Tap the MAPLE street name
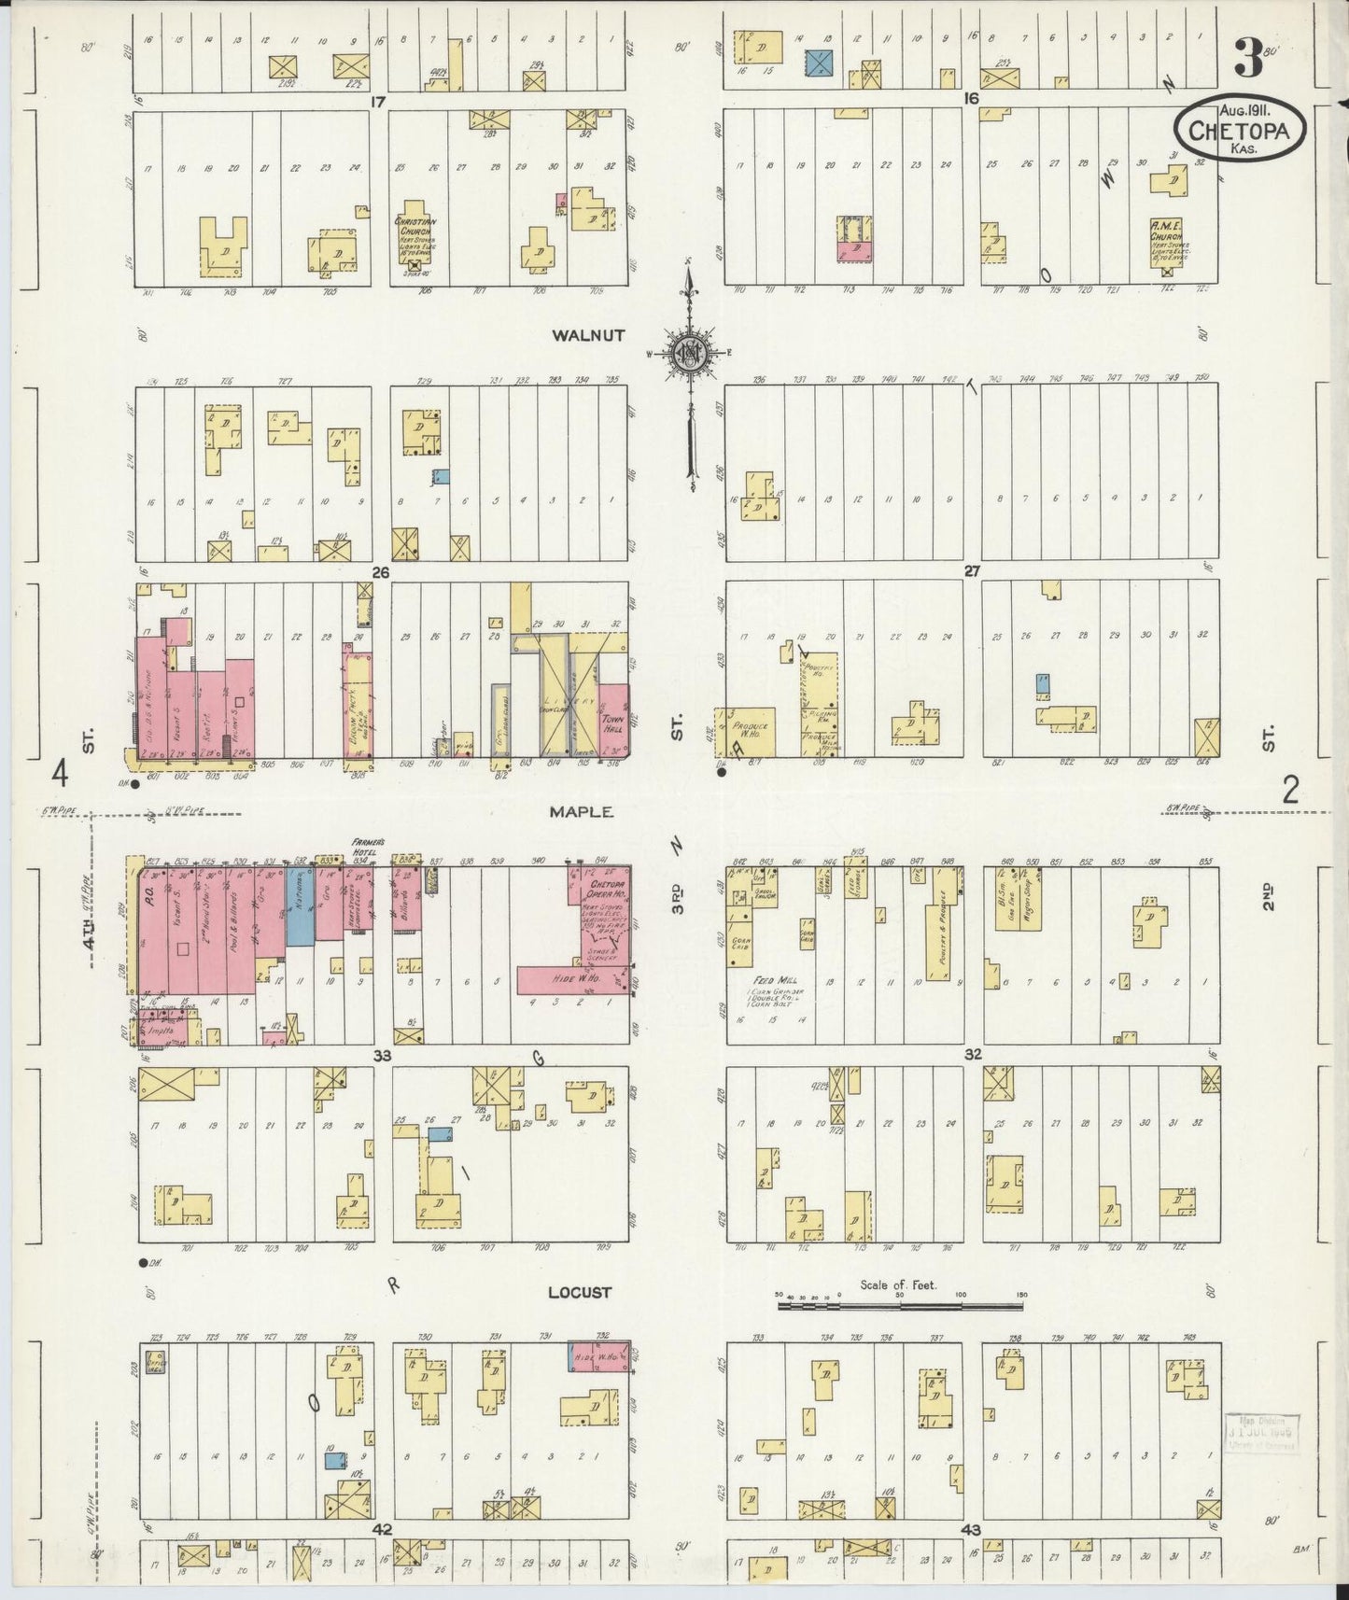581,812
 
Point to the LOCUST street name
579,1292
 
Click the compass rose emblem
689,352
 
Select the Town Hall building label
612,724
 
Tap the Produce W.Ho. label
750,730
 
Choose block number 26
381,570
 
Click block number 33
381,1055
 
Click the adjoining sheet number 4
61,774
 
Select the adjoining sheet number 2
1290,792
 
